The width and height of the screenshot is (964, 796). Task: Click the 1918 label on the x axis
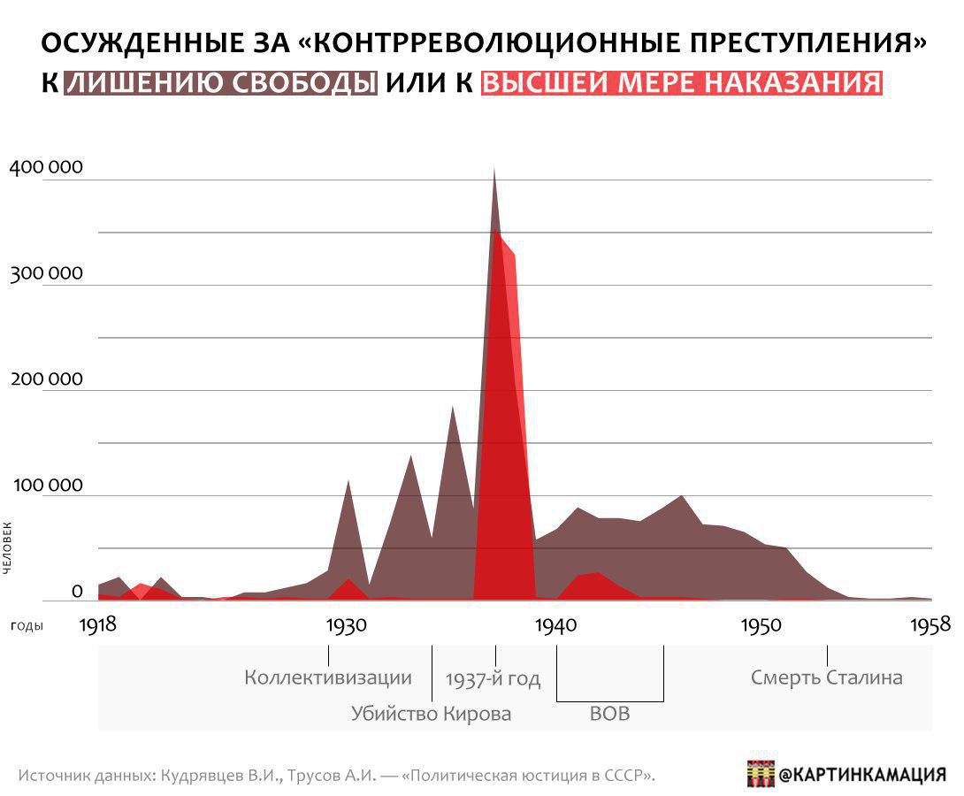[97, 624]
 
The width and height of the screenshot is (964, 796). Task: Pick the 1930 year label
[346, 624]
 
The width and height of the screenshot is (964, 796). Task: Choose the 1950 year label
[761, 624]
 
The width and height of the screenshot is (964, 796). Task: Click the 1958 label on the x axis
[928, 624]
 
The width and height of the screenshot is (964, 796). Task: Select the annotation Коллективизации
[328, 678]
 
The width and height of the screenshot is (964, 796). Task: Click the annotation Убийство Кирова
[431, 714]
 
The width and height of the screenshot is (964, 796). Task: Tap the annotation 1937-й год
[493, 679]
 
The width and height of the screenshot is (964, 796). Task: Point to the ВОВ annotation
[609, 714]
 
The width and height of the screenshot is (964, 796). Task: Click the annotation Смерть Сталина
[827, 678]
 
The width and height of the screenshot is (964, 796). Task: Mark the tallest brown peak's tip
[494, 169]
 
